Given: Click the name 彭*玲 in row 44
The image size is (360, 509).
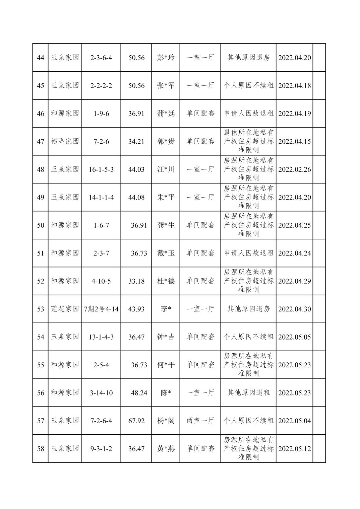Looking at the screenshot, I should coord(166,58).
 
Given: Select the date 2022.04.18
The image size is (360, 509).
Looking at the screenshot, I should coord(295,86).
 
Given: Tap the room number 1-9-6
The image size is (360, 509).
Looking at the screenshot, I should coord(101,114).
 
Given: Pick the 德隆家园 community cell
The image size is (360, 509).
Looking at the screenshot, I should coord(65,141).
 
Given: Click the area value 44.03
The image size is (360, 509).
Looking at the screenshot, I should coord(136,169).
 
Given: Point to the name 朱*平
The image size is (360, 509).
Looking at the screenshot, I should coord(166,197).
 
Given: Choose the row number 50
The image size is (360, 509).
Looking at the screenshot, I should coord(41,225).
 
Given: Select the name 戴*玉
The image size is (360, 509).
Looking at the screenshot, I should coord(166,253).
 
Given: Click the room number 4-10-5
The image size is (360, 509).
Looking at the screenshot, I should coord(101,281).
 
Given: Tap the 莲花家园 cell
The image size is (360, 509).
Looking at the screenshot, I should coord(65,309).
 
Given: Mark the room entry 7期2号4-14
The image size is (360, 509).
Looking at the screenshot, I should coord(101,309).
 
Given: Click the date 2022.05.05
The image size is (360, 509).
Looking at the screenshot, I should coord(295,337).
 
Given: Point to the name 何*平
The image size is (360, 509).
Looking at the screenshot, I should coord(166,365).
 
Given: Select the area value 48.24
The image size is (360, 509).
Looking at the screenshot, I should coord(139,393).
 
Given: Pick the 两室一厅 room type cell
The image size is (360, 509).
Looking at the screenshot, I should coord(200,421).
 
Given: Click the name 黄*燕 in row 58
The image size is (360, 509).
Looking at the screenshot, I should coord(166,448).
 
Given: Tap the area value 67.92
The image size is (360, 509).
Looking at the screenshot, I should coord(136,421).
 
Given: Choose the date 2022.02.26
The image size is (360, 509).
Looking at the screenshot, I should coord(295,169).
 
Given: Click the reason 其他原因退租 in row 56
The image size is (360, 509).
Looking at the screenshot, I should coord(248,393).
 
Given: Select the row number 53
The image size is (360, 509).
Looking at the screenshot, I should coord(41,309).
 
